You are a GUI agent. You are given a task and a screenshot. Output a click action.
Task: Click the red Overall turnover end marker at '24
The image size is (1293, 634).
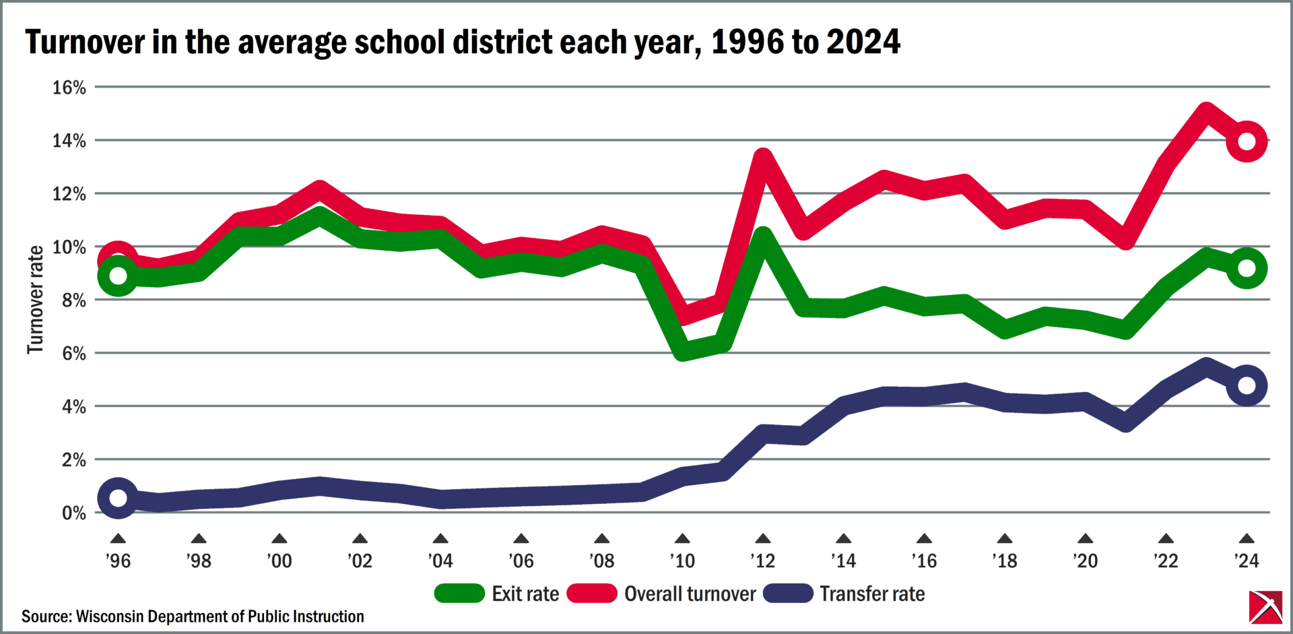pos(1247,141)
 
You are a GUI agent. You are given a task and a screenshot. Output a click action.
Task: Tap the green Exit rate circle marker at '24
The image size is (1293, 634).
pos(1247,268)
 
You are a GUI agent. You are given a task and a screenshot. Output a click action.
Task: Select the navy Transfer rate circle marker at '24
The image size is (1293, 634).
pos(1247,385)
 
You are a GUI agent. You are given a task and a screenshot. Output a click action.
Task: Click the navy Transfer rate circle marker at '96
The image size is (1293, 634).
pos(118,498)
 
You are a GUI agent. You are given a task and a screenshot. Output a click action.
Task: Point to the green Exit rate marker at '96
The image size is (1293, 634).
pos(118,276)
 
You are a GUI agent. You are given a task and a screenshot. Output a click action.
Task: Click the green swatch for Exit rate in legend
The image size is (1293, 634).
pos(459,594)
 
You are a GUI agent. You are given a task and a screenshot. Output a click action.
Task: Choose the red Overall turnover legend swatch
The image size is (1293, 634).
pos(592,594)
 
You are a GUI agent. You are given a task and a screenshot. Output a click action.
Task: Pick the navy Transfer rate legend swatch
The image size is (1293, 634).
pos(788,594)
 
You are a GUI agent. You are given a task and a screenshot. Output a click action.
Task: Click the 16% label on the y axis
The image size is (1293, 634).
pos(69,88)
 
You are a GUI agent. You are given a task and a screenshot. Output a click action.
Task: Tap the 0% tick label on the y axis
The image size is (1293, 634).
pos(73,513)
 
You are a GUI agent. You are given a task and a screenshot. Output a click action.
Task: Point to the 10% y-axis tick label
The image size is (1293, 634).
pos(69,247)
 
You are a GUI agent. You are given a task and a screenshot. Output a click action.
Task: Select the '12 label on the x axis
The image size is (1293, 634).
pos(762,561)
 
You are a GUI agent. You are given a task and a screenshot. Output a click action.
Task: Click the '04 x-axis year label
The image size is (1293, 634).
pos(440,561)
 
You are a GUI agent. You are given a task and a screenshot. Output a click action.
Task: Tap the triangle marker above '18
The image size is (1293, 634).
pos(1004,539)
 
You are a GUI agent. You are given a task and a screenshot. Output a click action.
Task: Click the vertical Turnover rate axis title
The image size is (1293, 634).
pos(35,300)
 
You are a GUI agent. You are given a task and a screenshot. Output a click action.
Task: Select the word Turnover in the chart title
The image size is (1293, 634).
pos(85,42)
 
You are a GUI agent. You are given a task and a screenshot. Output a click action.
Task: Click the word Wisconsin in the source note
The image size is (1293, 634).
pos(109,616)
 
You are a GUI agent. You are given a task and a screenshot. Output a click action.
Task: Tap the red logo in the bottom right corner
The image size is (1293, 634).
pos(1265,607)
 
